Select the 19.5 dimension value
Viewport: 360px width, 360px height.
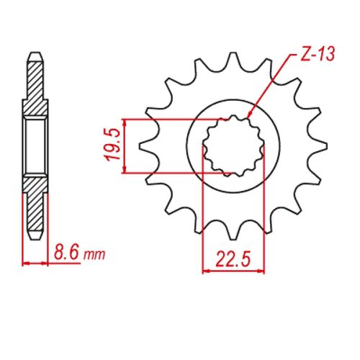[112, 146]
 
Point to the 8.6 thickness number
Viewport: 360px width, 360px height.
[66, 253]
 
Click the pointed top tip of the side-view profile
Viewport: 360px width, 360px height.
[35, 53]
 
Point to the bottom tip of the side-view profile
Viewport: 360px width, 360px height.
[35, 237]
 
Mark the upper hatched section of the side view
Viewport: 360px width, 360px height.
[35, 86]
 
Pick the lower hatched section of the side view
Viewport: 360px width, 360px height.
[35, 205]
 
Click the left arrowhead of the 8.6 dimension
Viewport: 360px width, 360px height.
[26, 263]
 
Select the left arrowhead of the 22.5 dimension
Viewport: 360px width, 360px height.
[205, 271]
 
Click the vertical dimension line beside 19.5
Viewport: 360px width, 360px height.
[125, 146]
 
